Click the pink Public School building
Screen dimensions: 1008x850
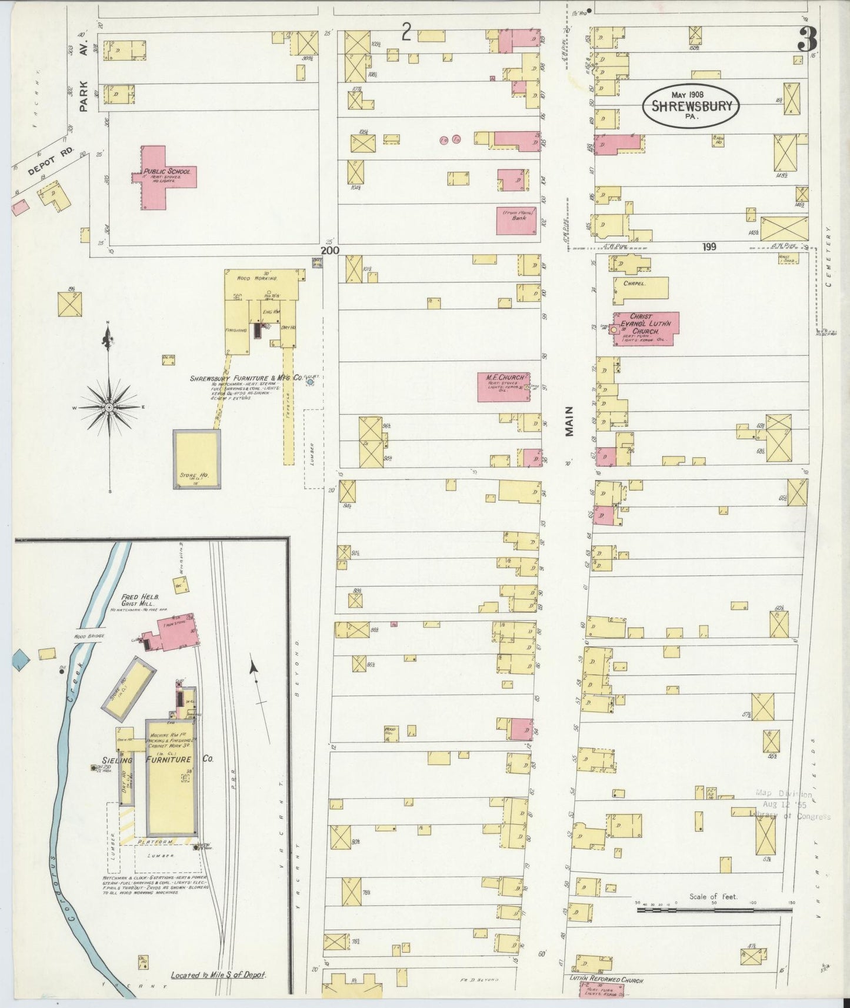(164, 177)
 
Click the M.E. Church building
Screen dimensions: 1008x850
(503, 386)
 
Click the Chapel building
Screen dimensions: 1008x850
(640, 289)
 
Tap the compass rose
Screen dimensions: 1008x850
(110, 407)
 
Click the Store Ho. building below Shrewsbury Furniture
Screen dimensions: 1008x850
(196, 458)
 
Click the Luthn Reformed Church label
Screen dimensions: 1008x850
(606, 980)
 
